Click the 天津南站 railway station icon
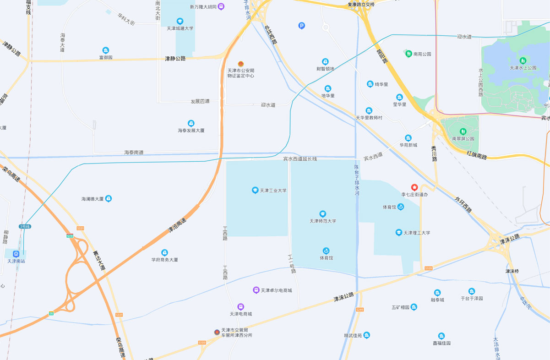[x=16, y=254]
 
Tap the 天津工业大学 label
[x=273, y=191]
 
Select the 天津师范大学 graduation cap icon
[x=323, y=214]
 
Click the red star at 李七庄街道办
[x=414, y=187]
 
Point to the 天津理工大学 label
[x=416, y=233]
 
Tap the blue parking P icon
[x=301, y=26]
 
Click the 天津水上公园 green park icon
[x=523, y=60]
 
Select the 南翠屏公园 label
[x=463, y=139]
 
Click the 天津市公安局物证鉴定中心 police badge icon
[x=241, y=64]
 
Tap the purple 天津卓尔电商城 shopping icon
[x=256, y=290]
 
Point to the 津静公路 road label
[x=175, y=59]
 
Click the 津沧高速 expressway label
[x=178, y=224]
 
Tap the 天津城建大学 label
[x=180, y=28]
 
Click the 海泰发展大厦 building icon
[x=191, y=123]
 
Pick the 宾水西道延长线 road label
[x=300, y=159]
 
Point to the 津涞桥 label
[x=512, y=271]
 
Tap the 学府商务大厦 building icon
[x=164, y=253]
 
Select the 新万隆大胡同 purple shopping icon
[x=221, y=7]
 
